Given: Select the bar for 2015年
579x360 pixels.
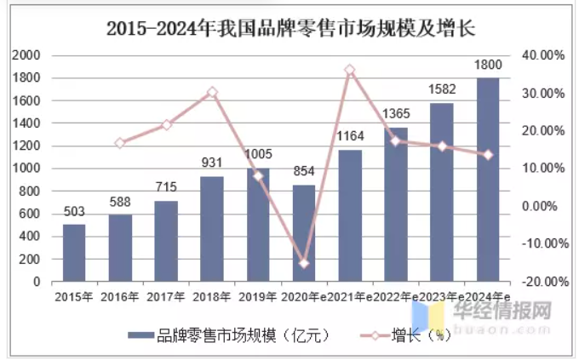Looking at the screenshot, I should coord(74,252).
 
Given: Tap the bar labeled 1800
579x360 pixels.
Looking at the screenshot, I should coord(488,179).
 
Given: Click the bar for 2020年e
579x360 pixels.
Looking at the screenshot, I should coord(304,232).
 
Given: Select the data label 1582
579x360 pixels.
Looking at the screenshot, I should coord(442,89).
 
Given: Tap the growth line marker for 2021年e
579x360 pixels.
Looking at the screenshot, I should coord(349,70).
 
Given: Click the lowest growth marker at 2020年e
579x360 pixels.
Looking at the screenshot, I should coord(304,263).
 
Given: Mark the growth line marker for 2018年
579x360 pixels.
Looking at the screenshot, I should coord(212,92).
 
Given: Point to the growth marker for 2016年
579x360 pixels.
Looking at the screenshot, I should coord(120,143).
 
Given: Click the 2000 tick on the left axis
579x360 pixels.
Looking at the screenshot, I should coord(27,55).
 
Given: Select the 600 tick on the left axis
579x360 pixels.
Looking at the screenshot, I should coord(31,214).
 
